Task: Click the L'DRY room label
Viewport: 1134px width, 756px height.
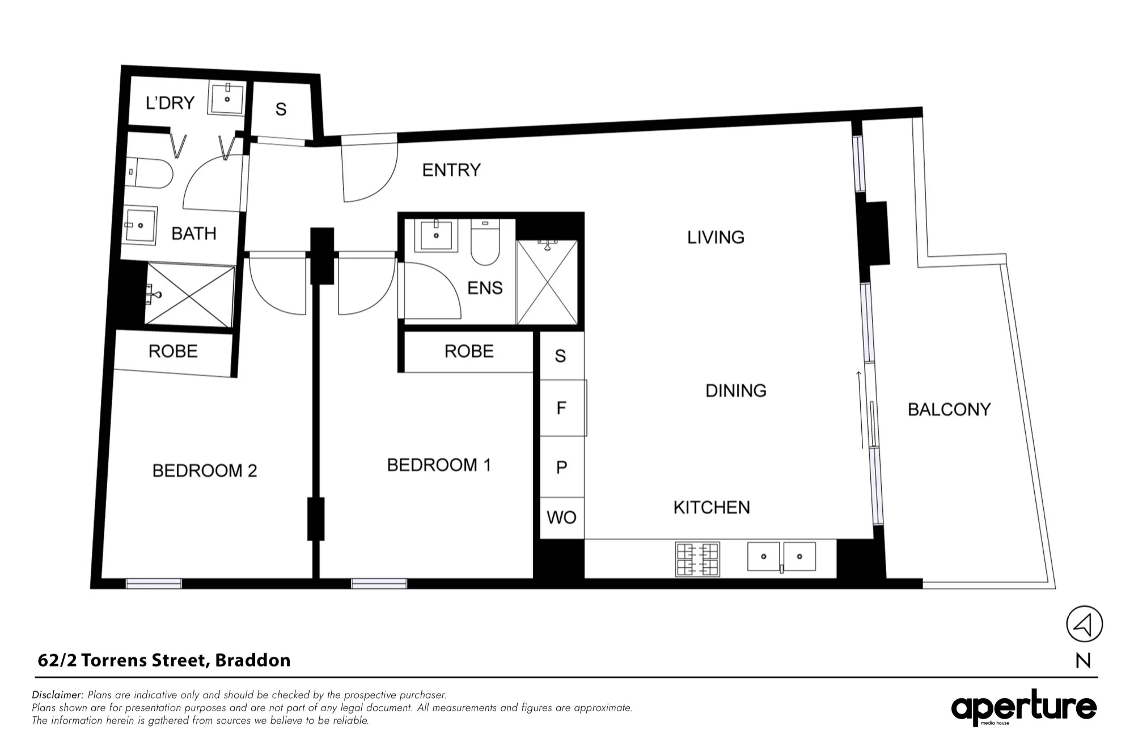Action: click(170, 103)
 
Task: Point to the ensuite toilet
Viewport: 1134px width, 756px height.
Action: click(485, 243)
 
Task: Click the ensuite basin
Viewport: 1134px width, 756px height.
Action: click(436, 236)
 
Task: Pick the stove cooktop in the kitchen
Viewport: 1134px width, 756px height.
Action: click(697, 559)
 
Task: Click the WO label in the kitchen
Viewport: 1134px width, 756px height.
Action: click(561, 517)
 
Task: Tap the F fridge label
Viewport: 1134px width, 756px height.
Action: click(561, 408)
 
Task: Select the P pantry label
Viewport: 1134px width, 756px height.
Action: click(561, 468)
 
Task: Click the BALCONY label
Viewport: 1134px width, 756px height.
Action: click(949, 409)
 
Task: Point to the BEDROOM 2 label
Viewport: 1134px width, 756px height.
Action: click(205, 470)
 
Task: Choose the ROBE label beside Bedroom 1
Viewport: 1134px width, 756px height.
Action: click(469, 351)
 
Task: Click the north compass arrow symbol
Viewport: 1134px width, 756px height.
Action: click(1084, 625)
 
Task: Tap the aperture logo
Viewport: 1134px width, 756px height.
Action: click(1024, 707)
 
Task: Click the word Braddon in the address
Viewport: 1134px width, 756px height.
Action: click(253, 660)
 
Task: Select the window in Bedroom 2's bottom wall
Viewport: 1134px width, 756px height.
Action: click(154, 584)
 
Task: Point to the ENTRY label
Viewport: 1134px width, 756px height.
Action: click(451, 170)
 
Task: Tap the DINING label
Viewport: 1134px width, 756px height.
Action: click(736, 390)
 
